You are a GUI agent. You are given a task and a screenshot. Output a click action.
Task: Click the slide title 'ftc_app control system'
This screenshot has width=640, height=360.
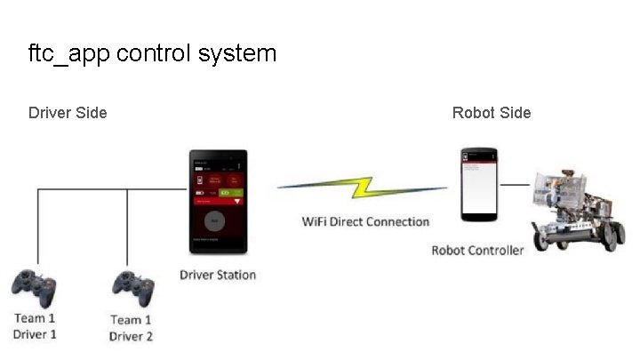pyautogui.click(x=152, y=53)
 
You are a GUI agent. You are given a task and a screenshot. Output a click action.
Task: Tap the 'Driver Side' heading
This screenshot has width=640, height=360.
pyautogui.click(x=68, y=113)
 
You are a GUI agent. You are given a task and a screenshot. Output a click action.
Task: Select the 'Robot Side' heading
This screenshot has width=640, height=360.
pyautogui.click(x=492, y=113)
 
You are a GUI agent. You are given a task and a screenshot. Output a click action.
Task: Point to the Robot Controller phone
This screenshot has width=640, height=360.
pyautogui.click(x=479, y=184)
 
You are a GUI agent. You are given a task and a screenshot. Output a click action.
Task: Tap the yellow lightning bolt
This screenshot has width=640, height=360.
pyautogui.click(x=363, y=188)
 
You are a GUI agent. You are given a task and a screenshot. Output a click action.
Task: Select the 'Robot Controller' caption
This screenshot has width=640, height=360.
pyautogui.click(x=477, y=250)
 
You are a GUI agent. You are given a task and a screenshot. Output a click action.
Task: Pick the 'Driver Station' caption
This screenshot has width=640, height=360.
pyautogui.click(x=218, y=275)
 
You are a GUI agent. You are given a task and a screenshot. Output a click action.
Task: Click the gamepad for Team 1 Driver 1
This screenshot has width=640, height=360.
pyautogui.click(x=36, y=287)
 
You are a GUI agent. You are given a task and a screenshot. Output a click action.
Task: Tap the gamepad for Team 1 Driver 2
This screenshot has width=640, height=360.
pyautogui.click(x=132, y=287)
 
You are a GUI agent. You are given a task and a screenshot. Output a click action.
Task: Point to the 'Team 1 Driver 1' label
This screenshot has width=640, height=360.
pyautogui.click(x=35, y=326)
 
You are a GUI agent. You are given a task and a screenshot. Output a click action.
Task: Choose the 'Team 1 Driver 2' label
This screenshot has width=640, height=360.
pyautogui.click(x=131, y=328)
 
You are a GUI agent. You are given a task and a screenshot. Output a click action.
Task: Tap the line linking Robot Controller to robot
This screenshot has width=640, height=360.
pyautogui.click(x=514, y=185)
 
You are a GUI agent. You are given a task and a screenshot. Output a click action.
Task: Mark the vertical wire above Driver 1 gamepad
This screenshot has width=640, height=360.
pyautogui.click(x=37, y=227)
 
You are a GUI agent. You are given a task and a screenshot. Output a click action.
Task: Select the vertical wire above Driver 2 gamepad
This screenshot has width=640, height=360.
pyautogui.click(x=127, y=227)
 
